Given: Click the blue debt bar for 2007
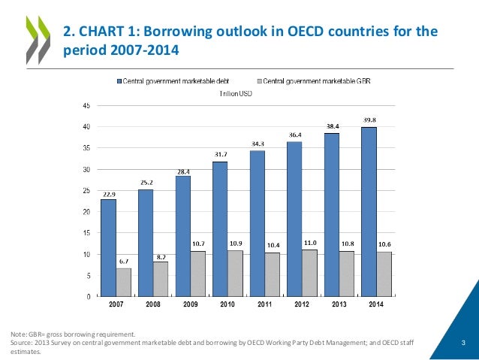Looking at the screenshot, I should point(108,248).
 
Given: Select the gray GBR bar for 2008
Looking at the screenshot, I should point(161,279).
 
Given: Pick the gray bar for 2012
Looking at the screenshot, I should point(310,273).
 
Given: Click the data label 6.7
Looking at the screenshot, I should point(124,261).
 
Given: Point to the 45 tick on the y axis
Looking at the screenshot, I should point(87,106).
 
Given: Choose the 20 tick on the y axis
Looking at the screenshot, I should point(87,213).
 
